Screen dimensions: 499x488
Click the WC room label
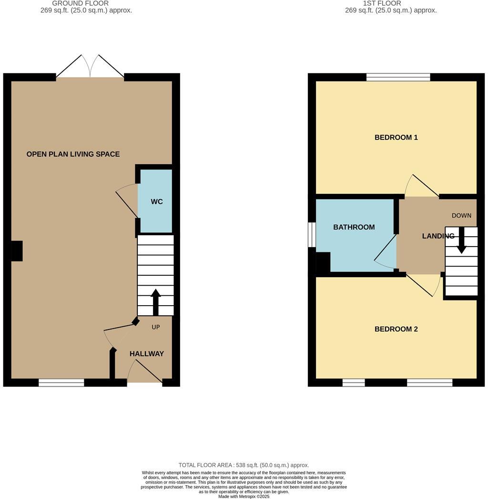point(157,202)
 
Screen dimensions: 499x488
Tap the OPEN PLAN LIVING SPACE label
point(73,154)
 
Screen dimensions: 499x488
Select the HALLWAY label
point(147,354)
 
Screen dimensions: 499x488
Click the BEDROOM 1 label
point(396,138)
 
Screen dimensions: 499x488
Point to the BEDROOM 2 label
point(396,329)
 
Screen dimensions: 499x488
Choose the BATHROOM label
point(354,227)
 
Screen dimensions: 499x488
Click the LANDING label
point(438,236)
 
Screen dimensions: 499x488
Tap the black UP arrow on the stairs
point(155,301)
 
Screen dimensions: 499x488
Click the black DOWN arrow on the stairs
point(461,240)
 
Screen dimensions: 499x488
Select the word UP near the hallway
point(155,327)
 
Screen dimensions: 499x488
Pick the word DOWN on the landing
point(461,216)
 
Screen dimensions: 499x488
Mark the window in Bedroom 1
point(398,77)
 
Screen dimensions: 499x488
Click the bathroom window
point(312,235)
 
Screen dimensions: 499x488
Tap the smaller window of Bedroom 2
point(354,382)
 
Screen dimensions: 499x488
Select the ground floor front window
point(61,382)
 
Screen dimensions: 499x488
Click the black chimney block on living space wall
point(17,251)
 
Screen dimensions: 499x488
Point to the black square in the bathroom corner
point(323,262)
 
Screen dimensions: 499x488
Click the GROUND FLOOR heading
point(80,3)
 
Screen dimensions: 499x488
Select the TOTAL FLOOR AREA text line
point(244,465)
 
